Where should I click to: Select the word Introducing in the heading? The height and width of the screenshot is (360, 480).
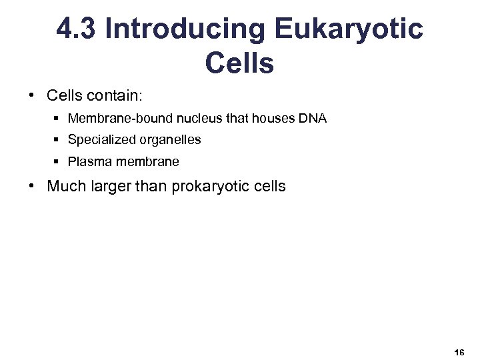click(185, 29)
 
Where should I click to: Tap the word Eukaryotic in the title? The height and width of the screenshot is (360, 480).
click(348, 29)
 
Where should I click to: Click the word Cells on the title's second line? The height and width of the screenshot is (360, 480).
click(239, 63)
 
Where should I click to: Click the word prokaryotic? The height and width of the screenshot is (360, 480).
click(212, 187)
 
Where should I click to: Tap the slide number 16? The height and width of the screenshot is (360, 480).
click(459, 351)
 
